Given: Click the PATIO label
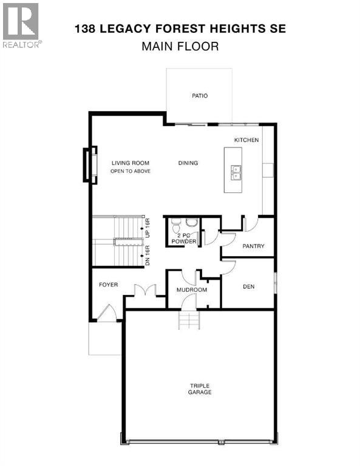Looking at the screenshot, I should pyautogui.click(x=200, y=96).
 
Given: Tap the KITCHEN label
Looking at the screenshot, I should pyautogui.click(x=246, y=140).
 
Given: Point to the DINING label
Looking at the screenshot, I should pyautogui.click(x=188, y=163).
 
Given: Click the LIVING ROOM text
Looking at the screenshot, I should pyautogui.click(x=130, y=163).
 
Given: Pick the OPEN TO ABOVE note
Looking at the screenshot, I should pyautogui.click(x=130, y=171).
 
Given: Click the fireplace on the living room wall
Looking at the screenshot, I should pyautogui.click(x=90, y=164).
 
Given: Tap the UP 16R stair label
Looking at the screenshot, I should pyautogui.click(x=148, y=228).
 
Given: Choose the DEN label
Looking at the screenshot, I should pyautogui.click(x=248, y=286).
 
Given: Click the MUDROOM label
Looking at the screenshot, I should pyautogui.click(x=192, y=290).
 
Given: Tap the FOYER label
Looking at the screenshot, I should pyautogui.click(x=108, y=285).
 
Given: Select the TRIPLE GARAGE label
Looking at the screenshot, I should pyautogui.click(x=200, y=389).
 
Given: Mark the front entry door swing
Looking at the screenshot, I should pyautogui.click(x=107, y=313).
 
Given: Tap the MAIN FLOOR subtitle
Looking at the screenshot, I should pyautogui.click(x=180, y=46).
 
